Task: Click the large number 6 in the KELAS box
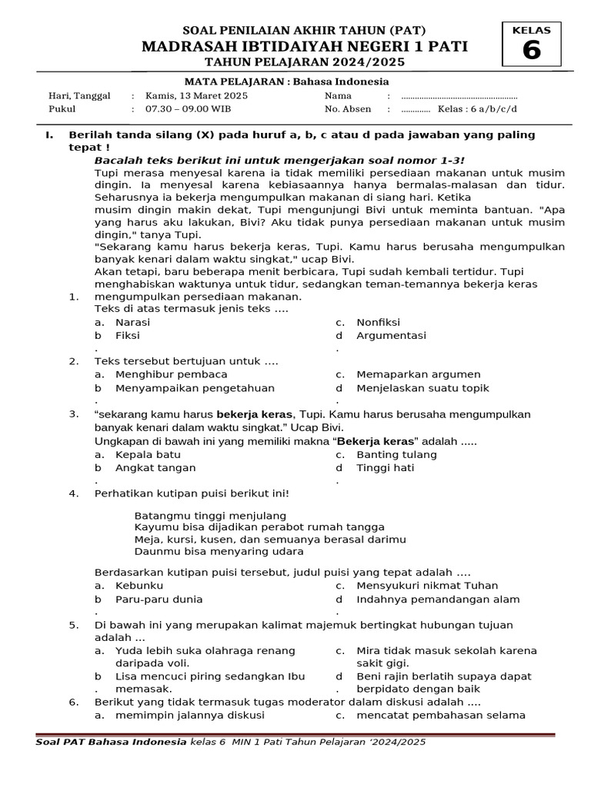532,51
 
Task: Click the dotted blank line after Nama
459,97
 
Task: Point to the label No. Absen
348,109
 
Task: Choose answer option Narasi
132,322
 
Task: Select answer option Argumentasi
391,335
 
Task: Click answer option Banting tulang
396,454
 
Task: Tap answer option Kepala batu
148,454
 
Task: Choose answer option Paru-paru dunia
159,599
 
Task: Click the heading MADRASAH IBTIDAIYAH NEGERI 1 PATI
305,47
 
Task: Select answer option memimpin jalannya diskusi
189,715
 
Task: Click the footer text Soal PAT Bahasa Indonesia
111,742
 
